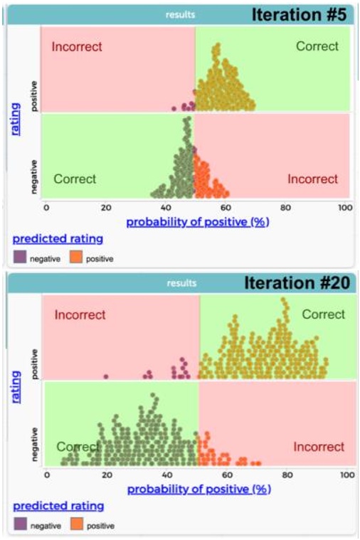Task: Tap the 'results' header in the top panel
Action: (x=181, y=14)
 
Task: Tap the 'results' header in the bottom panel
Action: (x=181, y=283)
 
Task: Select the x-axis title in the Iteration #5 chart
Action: (x=198, y=221)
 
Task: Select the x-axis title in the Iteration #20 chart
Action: (x=199, y=489)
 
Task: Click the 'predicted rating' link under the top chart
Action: (x=58, y=239)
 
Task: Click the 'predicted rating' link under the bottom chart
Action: (x=58, y=506)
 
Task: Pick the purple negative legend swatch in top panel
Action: (x=20, y=258)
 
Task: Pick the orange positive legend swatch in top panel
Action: (x=78, y=258)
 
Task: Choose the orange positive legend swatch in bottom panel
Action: (x=78, y=526)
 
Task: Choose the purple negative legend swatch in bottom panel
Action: (x=20, y=526)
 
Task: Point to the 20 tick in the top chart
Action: (x=106, y=208)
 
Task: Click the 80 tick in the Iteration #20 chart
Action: (x=286, y=475)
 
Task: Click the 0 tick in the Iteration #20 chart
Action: (x=47, y=475)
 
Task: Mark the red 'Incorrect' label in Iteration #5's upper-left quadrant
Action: (x=77, y=47)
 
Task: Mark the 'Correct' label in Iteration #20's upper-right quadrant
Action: (x=323, y=314)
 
